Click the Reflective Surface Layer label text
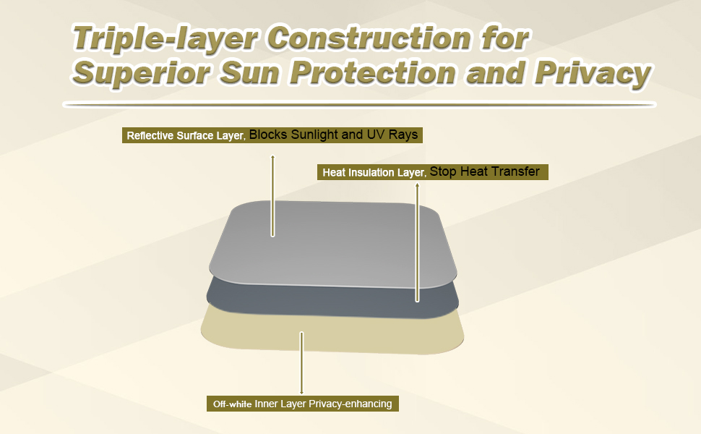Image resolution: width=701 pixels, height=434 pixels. tap(186, 135)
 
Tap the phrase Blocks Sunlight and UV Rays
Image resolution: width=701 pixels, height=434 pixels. tap(333, 135)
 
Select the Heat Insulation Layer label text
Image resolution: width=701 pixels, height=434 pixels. tap(373, 173)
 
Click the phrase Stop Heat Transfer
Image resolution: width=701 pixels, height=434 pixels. tap(485, 172)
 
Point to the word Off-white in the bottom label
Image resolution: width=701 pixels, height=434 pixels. tap(232, 404)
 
